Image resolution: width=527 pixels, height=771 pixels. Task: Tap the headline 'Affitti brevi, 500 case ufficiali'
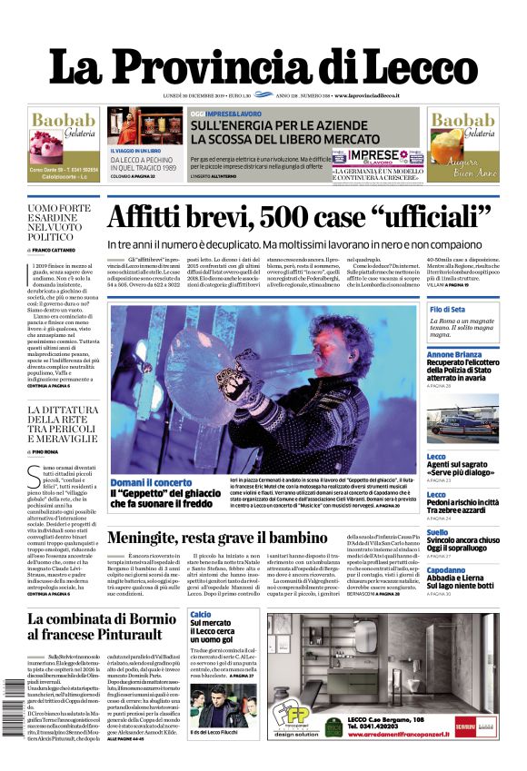coord(299,218)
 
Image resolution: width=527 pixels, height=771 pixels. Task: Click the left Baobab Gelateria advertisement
coord(63,143)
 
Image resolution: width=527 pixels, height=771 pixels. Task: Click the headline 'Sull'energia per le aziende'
coord(283,130)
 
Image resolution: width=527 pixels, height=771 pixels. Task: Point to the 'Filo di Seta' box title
coord(447,310)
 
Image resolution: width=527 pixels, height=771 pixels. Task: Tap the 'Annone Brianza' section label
coord(456,354)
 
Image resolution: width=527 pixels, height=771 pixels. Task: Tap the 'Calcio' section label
coord(201,615)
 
